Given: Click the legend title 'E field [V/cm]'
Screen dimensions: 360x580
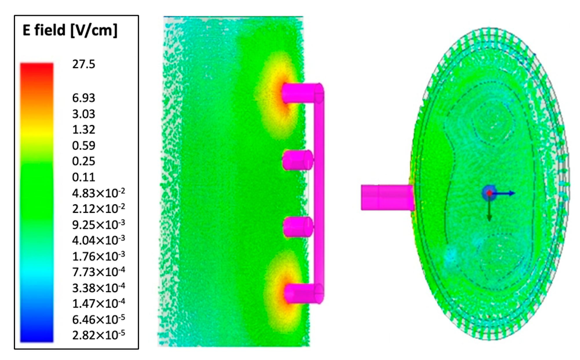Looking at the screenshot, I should click(70, 31).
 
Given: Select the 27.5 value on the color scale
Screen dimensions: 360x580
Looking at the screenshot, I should click(83, 64).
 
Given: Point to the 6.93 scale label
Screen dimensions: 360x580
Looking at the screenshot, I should click(83, 98).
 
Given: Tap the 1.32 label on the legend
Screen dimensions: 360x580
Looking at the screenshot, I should click(83, 129).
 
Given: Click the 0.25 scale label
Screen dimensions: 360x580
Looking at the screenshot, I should click(83, 161).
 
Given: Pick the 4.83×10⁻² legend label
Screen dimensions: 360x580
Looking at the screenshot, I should click(98, 192).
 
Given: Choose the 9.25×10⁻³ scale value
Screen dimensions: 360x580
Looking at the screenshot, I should click(98, 224).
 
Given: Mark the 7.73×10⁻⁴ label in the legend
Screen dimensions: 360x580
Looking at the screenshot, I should click(98, 272).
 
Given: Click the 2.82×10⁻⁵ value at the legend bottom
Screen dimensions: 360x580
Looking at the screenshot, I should click(98, 335).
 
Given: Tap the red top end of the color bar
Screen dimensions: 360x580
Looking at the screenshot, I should click(37, 68).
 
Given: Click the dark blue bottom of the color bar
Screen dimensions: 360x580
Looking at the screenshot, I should click(37, 337).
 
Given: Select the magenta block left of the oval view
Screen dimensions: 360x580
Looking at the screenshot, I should click(387, 197).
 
